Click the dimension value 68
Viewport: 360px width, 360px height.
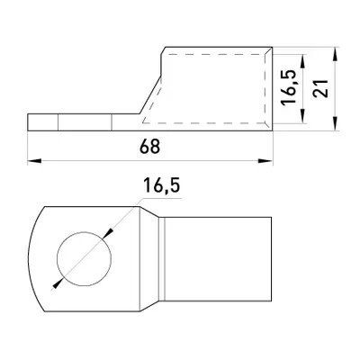tap(149, 147)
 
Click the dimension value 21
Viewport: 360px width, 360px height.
tap(320, 89)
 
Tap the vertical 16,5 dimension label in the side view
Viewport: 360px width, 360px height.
tap(289, 87)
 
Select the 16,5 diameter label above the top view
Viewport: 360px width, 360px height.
tap(161, 185)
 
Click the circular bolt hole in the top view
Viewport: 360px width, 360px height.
tap(84, 258)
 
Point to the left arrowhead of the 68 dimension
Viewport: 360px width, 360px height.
tap(34, 161)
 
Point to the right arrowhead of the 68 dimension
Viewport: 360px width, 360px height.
tap(265, 161)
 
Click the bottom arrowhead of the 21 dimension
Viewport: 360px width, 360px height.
tap(335, 123)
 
